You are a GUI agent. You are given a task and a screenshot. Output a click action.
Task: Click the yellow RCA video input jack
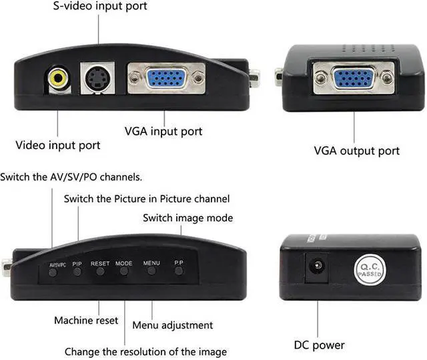[58, 79]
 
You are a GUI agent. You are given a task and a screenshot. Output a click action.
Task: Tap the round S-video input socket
[97, 78]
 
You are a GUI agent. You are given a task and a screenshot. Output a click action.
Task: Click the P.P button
[179, 271]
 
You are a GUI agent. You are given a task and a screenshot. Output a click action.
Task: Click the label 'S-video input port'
[100, 7]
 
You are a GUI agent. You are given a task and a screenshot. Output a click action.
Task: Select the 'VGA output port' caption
[357, 150]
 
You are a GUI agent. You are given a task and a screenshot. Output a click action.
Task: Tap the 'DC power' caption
[320, 345]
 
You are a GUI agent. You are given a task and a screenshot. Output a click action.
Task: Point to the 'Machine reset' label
[86, 321]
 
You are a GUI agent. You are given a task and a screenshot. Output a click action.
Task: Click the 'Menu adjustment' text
[173, 325]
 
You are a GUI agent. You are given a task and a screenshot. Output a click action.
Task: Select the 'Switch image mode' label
[188, 218]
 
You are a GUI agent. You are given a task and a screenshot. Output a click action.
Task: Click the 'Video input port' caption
[58, 145]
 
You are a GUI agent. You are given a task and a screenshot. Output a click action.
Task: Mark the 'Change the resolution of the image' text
[145, 351]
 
